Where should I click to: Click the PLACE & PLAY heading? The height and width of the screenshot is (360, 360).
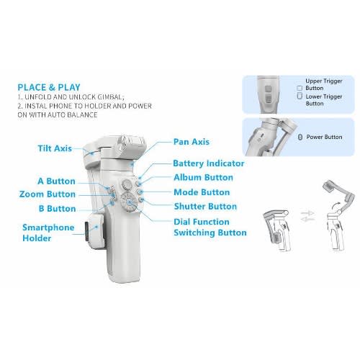pos(49,87)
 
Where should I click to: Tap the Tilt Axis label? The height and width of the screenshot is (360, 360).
pos(55,148)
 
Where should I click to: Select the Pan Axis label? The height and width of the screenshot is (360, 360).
pos(192,142)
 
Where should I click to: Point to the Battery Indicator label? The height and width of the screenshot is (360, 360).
pos(209,163)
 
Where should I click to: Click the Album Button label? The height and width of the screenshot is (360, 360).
pos(203,178)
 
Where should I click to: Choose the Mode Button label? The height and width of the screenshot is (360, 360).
pos(202,192)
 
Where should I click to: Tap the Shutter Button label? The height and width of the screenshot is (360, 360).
pos(205,207)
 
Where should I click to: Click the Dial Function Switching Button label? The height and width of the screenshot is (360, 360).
pos(210,227)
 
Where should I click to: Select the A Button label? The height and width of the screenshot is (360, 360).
pos(56,181)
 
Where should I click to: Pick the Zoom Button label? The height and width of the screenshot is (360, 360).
pos(48,194)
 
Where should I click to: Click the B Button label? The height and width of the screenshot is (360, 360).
pos(57,209)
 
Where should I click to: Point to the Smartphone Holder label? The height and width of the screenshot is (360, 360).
pos(48,233)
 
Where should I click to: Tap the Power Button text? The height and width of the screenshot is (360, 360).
pos(324,137)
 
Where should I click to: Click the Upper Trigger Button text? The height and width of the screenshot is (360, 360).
pos(324,84)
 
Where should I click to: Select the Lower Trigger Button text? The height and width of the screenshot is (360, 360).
pos(324,100)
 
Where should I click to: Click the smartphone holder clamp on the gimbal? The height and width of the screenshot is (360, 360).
pos(95,228)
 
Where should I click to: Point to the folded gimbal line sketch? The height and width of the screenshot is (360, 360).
pos(276,230)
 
